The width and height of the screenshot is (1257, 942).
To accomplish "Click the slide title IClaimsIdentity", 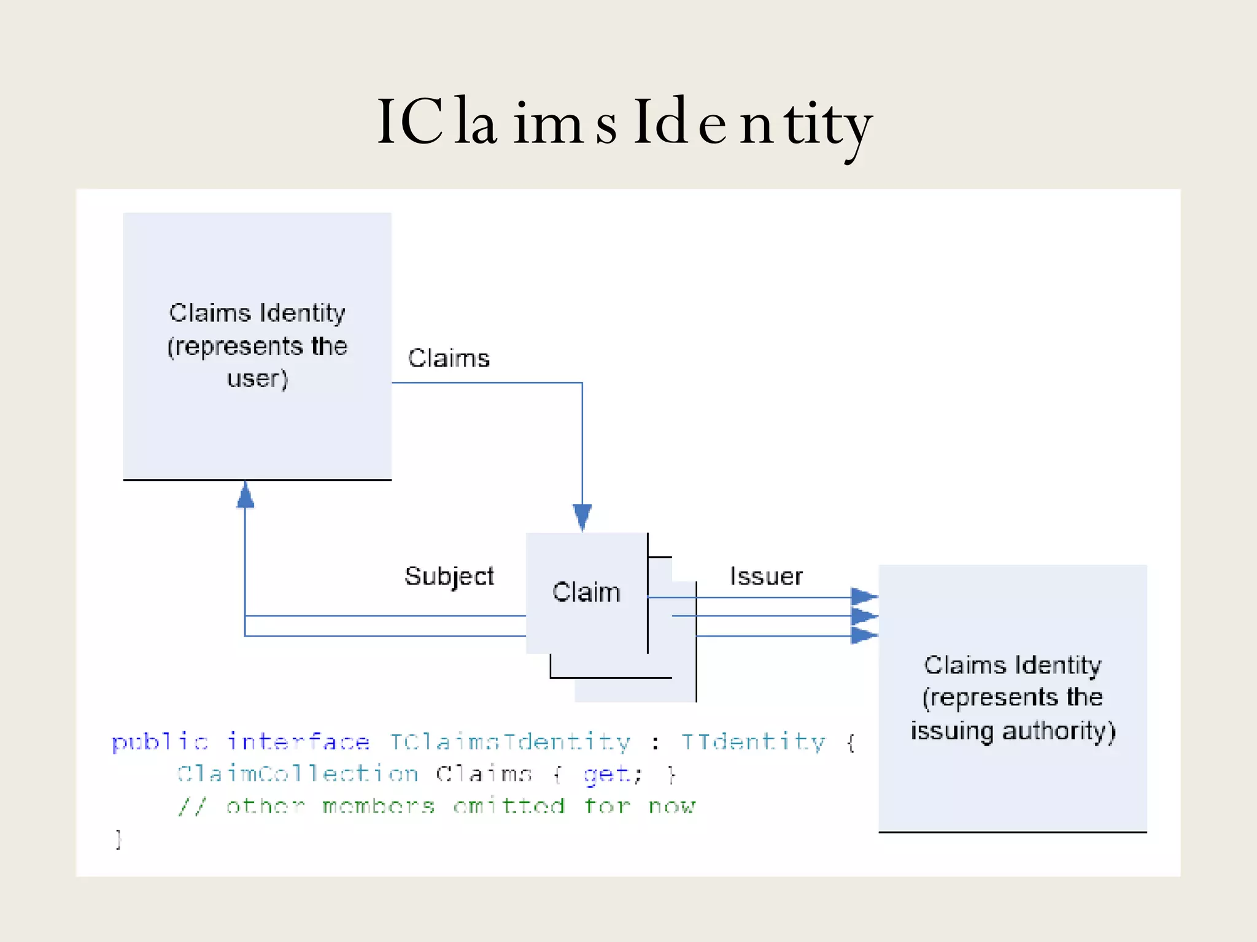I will pos(625,123).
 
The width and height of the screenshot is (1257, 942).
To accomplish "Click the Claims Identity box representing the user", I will pos(257,345).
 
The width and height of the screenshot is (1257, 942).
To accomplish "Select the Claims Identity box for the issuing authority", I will pos(1013,698).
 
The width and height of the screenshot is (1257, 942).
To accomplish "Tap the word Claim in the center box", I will pos(586,592).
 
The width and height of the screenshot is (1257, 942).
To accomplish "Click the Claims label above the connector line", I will pos(449,358).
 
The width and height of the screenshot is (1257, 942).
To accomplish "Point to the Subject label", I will pos(449,576).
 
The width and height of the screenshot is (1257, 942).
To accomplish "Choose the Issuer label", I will pos(766,576).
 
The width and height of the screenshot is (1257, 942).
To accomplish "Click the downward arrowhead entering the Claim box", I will pos(582,516).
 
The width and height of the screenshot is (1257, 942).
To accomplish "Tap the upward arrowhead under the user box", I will pos(246,494).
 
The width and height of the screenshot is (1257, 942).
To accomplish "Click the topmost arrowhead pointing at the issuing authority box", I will pos(864,596).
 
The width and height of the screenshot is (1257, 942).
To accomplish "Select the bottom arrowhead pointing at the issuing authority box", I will pos(864,635).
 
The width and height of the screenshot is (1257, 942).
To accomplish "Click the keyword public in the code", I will pos(160,742).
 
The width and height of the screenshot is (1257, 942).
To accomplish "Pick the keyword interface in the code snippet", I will pos(298,742).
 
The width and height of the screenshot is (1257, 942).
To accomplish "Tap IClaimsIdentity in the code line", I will pos(510,742).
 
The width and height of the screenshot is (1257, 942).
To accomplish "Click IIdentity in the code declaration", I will pos(753,742).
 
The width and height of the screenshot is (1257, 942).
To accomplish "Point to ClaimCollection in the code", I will pos(298,774).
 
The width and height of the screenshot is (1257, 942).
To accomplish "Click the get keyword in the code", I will pos(606,775).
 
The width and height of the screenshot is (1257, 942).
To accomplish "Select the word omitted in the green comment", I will pos(509,806).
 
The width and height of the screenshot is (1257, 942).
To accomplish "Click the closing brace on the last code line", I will pos(118,838).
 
